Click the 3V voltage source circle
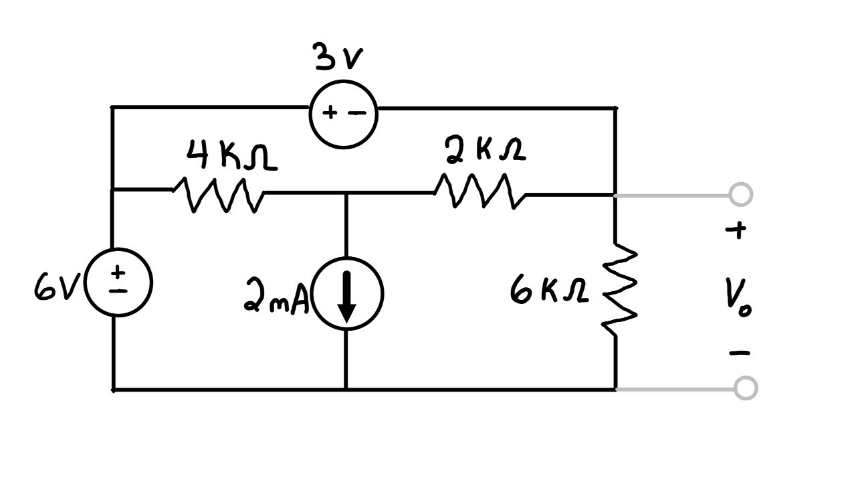[x=344, y=114]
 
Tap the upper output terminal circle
[x=741, y=195]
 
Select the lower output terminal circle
[x=745, y=388]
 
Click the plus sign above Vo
[x=736, y=231]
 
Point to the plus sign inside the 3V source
[x=330, y=113]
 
